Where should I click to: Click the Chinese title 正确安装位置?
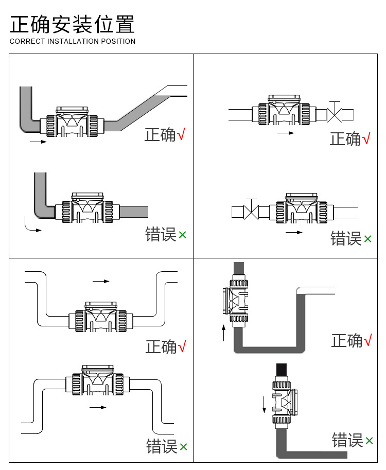click(x=72, y=24)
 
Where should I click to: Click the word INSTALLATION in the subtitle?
click(x=73, y=41)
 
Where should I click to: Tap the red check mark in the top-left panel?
click(x=181, y=134)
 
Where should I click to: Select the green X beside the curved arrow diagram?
click(x=182, y=235)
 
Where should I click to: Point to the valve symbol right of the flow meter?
click(x=334, y=112)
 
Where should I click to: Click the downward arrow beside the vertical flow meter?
click(x=264, y=405)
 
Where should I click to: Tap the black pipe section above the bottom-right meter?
click(x=282, y=372)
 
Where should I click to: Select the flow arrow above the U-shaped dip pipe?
click(x=101, y=281)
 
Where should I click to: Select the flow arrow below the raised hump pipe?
click(x=98, y=407)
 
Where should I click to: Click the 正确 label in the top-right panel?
click(x=345, y=139)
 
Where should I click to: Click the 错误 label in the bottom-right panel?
click(x=347, y=440)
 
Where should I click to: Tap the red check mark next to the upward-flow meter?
click(x=367, y=340)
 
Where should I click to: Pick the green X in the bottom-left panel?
click(x=183, y=447)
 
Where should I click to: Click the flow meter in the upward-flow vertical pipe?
click(x=236, y=301)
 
